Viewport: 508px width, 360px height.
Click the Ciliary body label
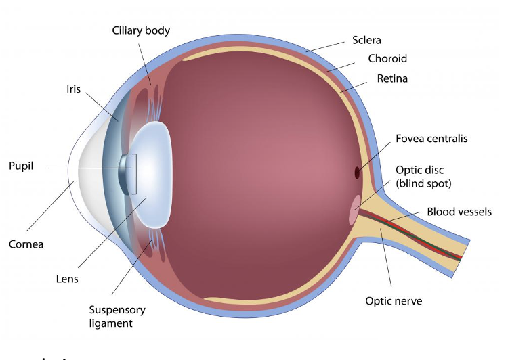(x=141, y=30)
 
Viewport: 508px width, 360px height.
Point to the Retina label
(x=392, y=78)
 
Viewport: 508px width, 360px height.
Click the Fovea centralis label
(x=431, y=139)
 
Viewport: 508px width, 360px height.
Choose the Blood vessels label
(x=459, y=212)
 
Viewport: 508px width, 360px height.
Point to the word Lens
(x=67, y=278)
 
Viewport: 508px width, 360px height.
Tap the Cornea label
(x=26, y=244)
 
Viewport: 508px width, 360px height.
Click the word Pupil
(x=22, y=165)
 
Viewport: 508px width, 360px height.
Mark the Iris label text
(x=74, y=89)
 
